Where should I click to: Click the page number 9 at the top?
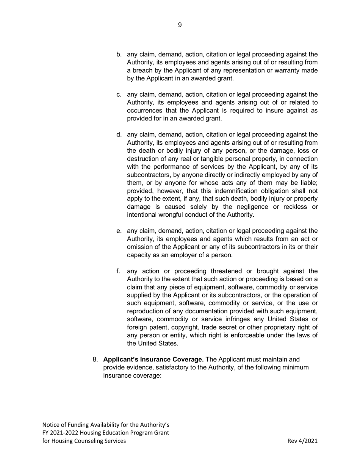pyautogui.click(x=180, y=25)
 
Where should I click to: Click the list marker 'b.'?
pyautogui.click(x=119, y=55)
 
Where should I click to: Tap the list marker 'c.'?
pyautogui.click(x=119, y=95)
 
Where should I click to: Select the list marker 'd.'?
pyautogui.click(x=119, y=135)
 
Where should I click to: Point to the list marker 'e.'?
pyautogui.click(x=119, y=231)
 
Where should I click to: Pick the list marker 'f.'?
pyautogui.click(x=118, y=271)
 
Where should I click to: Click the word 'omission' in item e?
pyautogui.click(x=139, y=247)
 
